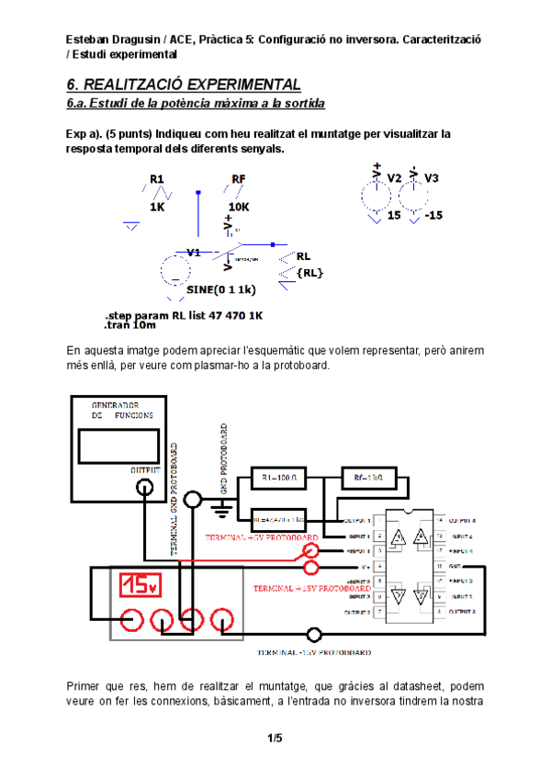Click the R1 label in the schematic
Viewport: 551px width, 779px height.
pyautogui.click(x=156, y=178)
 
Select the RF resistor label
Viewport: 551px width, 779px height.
pyautogui.click(x=239, y=178)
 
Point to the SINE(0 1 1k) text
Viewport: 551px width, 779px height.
pyautogui.click(x=220, y=289)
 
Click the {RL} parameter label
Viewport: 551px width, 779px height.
pyautogui.click(x=309, y=273)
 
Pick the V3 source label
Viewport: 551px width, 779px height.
pyautogui.click(x=432, y=177)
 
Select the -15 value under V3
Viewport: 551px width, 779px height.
pyautogui.click(x=433, y=215)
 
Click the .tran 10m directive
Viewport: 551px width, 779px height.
pyautogui.click(x=131, y=325)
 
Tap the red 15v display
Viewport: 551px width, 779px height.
pyautogui.click(x=139, y=584)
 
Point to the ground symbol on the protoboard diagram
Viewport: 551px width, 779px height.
pyautogui.click(x=220, y=508)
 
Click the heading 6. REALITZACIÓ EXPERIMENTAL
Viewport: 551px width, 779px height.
pyautogui.click(x=184, y=85)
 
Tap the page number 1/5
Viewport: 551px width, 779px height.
pyautogui.click(x=275, y=738)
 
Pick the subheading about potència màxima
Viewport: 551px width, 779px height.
pyautogui.click(x=196, y=104)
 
